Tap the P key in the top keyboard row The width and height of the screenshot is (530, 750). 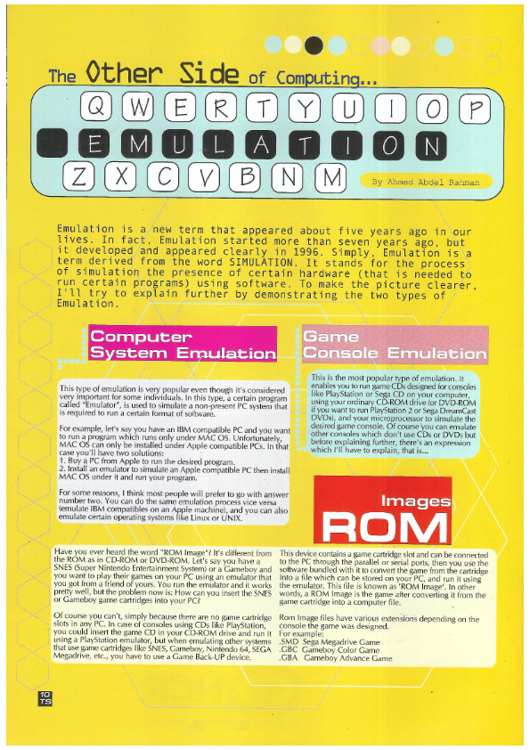(479, 110)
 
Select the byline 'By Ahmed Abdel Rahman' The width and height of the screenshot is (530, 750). (426, 182)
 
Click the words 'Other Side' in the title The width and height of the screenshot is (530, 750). (162, 73)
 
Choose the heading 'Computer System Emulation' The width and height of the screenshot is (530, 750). (183, 346)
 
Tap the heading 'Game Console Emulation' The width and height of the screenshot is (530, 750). (394, 346)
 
